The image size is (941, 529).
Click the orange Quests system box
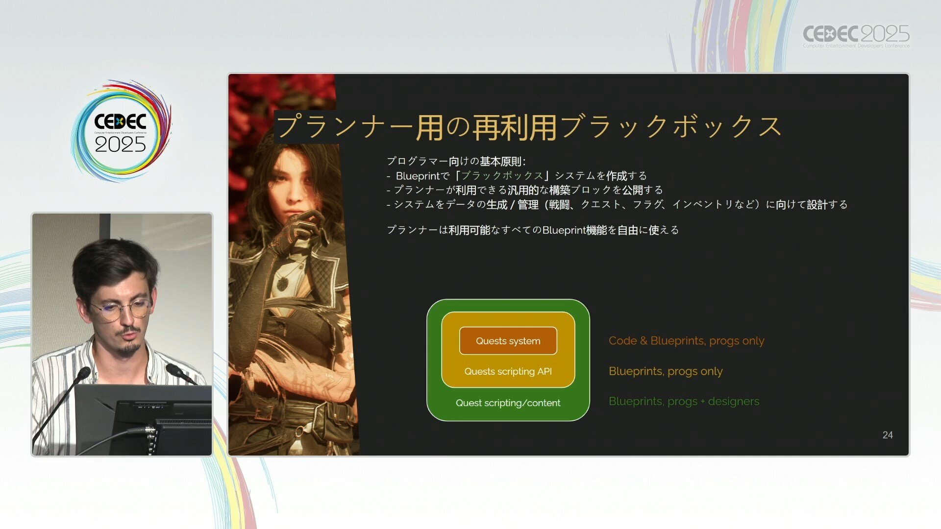tap(508, 340)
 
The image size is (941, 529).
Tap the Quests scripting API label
tap(508, 371)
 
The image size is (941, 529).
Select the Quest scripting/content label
tap(508, 403)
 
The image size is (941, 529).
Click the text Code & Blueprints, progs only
tap(686, 340)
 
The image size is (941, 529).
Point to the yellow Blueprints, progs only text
tap(666, 371)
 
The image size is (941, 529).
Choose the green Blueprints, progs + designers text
tap(684, 401)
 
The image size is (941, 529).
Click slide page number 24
tap(888, 435)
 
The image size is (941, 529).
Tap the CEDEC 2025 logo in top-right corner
tap(856, 36)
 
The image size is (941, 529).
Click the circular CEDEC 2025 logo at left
tap(121, 131)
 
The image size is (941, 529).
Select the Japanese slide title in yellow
tap(529, 127)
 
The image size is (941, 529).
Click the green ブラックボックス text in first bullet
tap(502, 175)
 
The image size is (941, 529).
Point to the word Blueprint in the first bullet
tap(418, 176)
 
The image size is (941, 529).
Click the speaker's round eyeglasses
tap(121, 309)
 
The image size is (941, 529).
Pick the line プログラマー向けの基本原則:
tap(456, 161)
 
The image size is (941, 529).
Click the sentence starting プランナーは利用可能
tap(533, 230)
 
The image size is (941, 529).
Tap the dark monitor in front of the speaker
tap(143, 419)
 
